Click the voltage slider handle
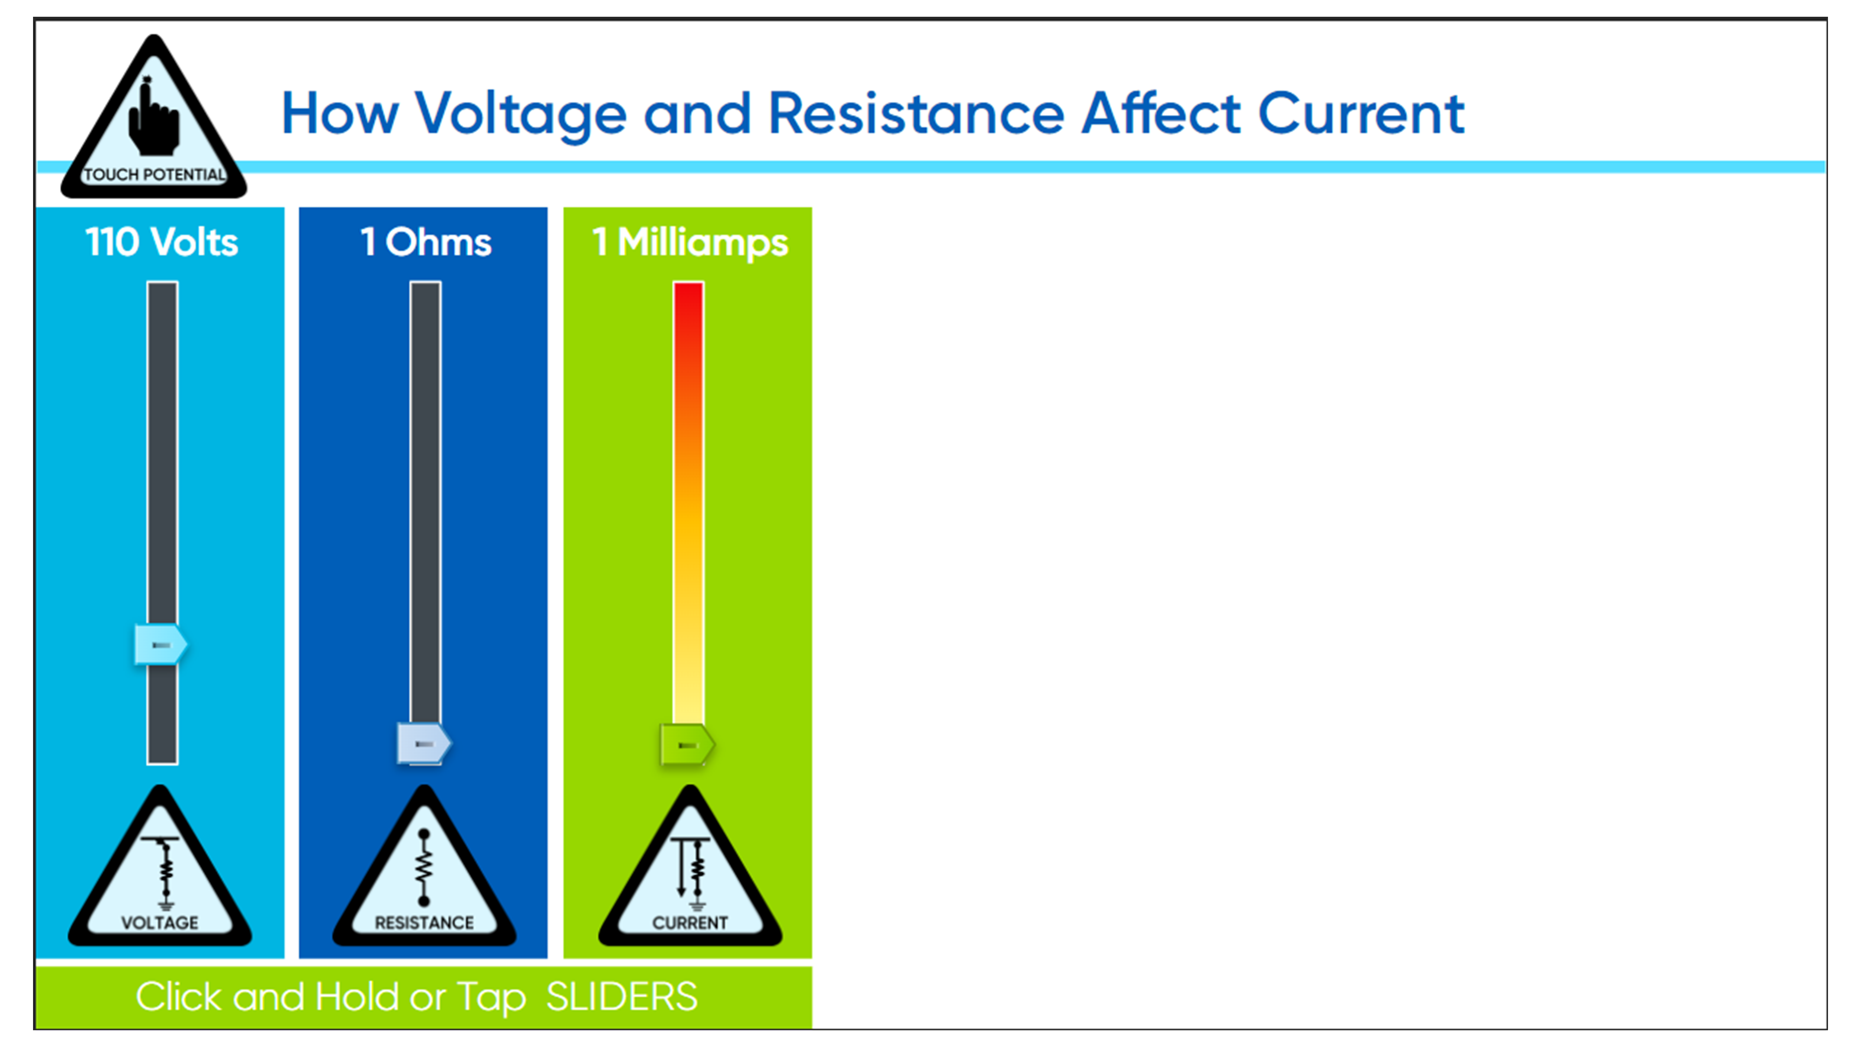coord(161,644)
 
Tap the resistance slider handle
coord(424,744)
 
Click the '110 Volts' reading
coord(162,242)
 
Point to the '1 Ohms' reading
coord(426,242)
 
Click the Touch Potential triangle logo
coord(154,117)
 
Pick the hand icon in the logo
coord(153,115)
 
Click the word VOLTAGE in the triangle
coord(160,923)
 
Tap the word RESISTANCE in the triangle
coord(424,923)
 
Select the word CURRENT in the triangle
coord(690,923)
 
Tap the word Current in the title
coord(1361,114)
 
